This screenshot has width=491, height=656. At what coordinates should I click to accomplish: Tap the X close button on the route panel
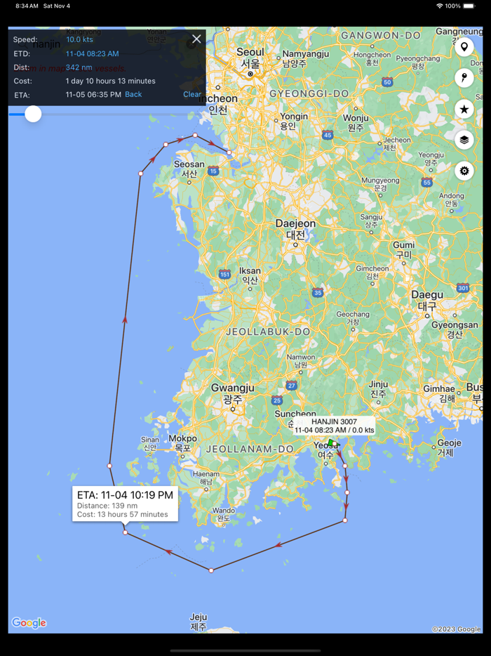pyautogui.click(x=196, y=39)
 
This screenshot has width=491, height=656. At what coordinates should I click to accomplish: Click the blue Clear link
pyautogui.click(x=192, y=94)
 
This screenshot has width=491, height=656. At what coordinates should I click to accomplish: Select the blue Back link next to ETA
pyautogui.click(x=133, y=94)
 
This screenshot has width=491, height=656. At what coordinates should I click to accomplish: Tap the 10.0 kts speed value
pyautogui.click(x=79, y=40)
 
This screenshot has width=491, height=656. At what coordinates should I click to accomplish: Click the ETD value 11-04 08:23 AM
pyautogui.click(x=92, y=53)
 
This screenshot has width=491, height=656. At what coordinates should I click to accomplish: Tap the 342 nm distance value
pyautogui.click(x=79, y=67)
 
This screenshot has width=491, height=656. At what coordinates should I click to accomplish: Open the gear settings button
pyautogui.click(x=464, y=171)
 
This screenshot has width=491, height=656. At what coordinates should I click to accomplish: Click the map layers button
pyautogui.click(x=464, y=140)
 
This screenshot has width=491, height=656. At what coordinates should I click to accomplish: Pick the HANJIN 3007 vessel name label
pyautogui.click(x=334, y=421)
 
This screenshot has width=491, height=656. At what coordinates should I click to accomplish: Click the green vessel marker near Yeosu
pyautogui.click(x=332, y=442)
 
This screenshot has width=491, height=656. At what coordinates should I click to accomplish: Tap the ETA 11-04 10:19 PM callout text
pyautogui.click(x=125, y=495)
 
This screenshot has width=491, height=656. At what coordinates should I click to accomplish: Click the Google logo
pyautogui.click(x=29, y=623)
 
